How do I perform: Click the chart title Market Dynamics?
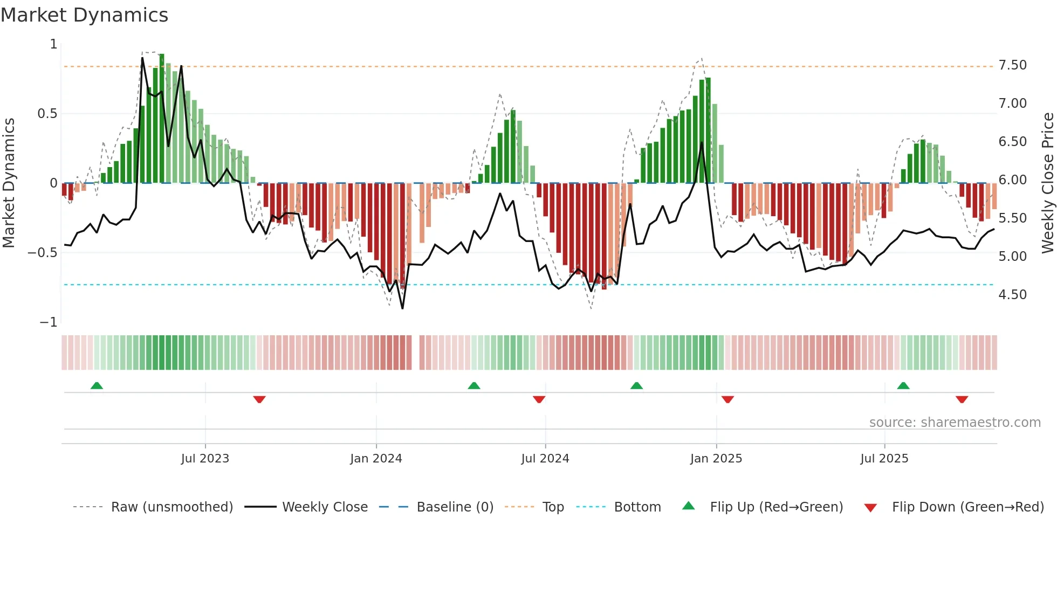pyautogui.click(x=84, y=15)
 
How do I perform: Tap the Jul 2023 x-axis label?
pyautogui.click(x=205, y=459)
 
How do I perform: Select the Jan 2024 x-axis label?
pyautogui.click(x=376, y=459)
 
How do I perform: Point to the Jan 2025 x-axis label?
pyautogui.click(x=716, y=459)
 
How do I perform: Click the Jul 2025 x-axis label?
pyautogui.click(x=884, y=459)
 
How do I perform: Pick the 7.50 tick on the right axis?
pyautogui.click(x=1012, y=65)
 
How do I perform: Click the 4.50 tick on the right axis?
pyautogui.click(x=1012, y=295)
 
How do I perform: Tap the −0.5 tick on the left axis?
pyautogui.click(x=42, y=253)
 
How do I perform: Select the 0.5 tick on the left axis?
pyautogui.click(x=47, y=114)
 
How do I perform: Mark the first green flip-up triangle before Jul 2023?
pyautogui.click(x=97, y=386)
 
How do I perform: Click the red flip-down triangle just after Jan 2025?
pyautogui.click(x=727, y=399)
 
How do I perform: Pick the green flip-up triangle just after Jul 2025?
pyautogui.click(x=903, y=386)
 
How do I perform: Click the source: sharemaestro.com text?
pyautogui.click(x=955, y=423)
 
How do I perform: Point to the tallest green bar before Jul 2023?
pyautogui.click(x=162, y=119)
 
